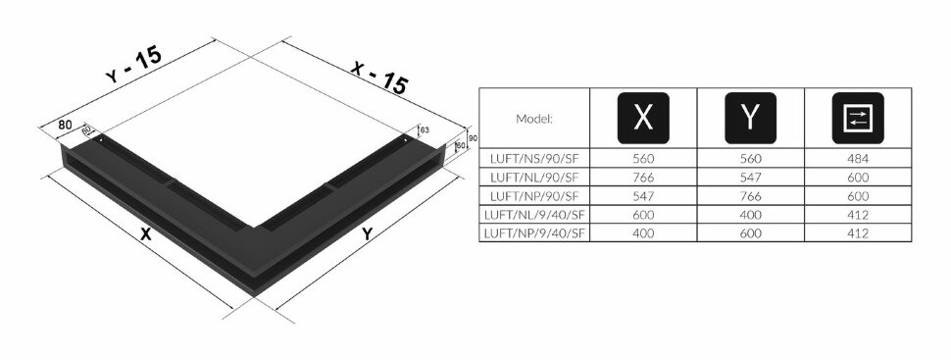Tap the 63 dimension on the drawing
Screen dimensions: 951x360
tap(425, 129)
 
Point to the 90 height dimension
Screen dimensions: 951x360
tap(473, 138)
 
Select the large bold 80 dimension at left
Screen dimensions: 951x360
tap(65, 125)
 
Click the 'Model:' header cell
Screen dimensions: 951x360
tap(534, 119)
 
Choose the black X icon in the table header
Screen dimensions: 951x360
tap(643, 118)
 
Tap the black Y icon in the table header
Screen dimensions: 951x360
tap(750, 118)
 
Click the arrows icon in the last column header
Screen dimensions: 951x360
tap(858, 118)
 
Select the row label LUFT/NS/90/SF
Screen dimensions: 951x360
tap(534, 159)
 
